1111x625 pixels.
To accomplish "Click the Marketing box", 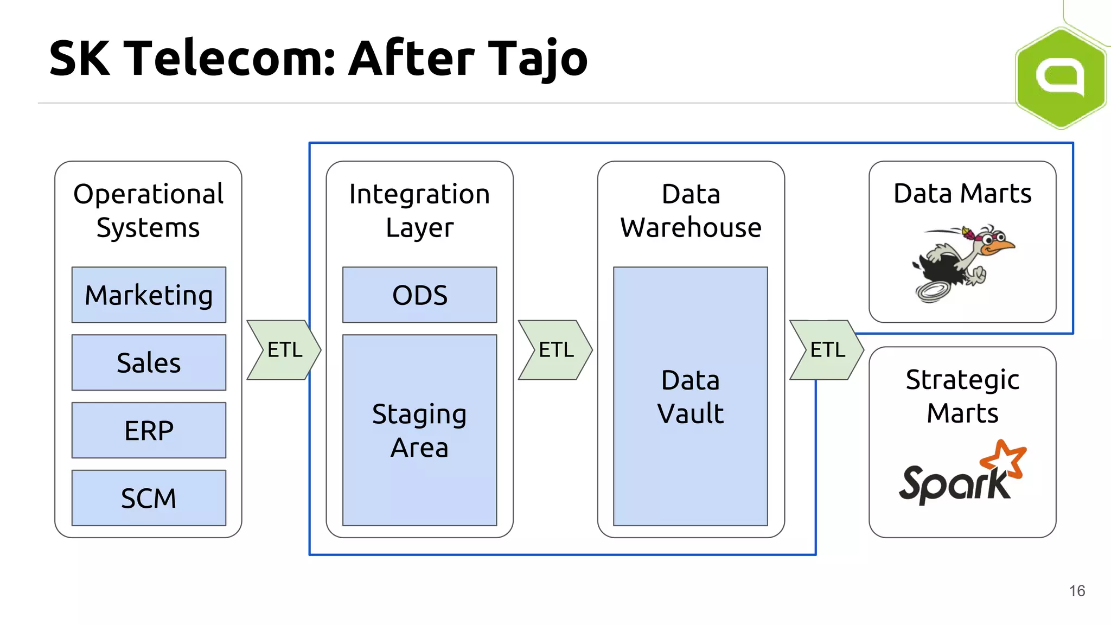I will tap(149, 295).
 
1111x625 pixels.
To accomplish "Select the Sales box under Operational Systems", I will tap(149, 362).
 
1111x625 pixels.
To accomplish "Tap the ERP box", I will tap(149, 430).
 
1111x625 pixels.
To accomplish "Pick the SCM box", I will tap(149, 498).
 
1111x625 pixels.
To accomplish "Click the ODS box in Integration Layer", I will tap(419, 295).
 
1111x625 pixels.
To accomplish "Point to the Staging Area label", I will tap(419, 430).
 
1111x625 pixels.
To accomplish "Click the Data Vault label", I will tap(690, 397).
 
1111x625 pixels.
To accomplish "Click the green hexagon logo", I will tap(1061, 78).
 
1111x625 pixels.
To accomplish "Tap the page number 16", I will tap(1077, 591).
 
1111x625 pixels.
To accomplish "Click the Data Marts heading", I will tap(962, 194).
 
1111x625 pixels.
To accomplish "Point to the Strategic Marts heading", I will tap(962, 396).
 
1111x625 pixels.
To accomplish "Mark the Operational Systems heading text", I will tap(148, 211).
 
